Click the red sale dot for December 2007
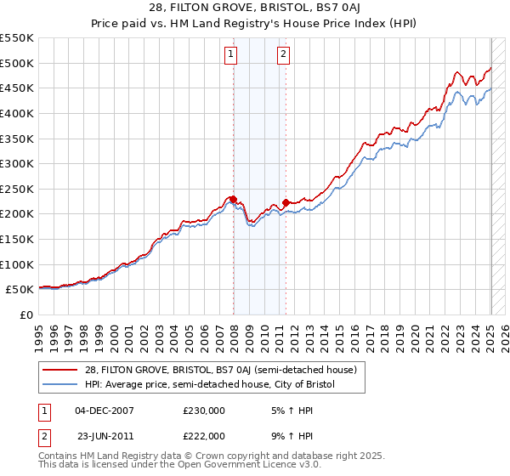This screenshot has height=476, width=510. point(234,199)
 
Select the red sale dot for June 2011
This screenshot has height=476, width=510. point(286,202)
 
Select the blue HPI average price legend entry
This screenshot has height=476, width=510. point(210,384)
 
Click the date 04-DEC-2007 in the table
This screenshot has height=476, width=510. point(105,410)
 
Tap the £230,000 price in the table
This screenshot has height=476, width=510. point(203,410)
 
